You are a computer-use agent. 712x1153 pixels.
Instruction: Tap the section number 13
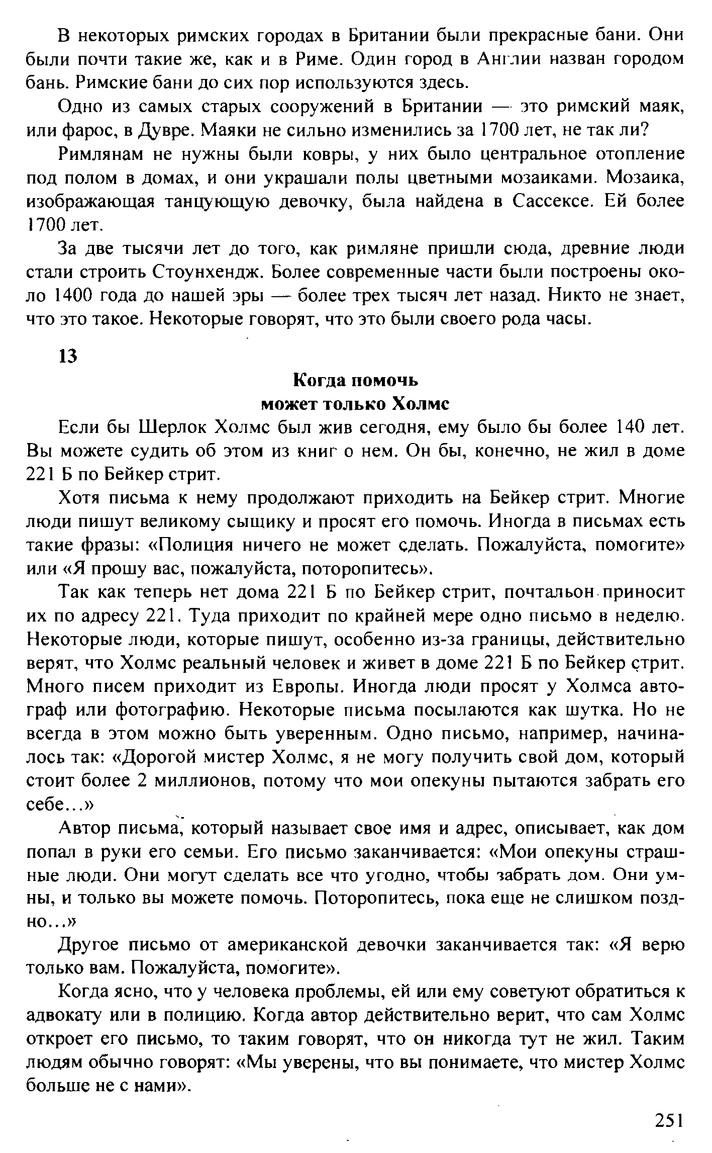(x=68, y=356)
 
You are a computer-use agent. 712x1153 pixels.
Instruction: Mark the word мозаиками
(x=535, y=178)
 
